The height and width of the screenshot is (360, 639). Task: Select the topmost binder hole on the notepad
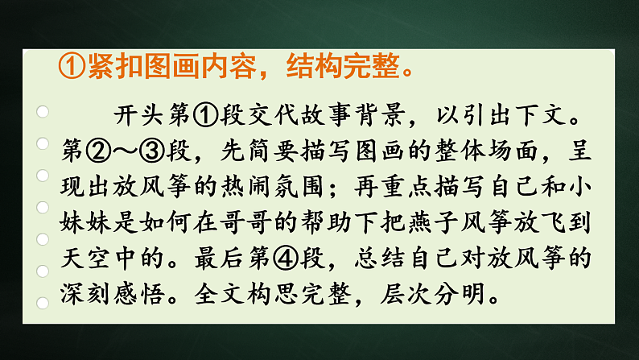coord(43,112)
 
